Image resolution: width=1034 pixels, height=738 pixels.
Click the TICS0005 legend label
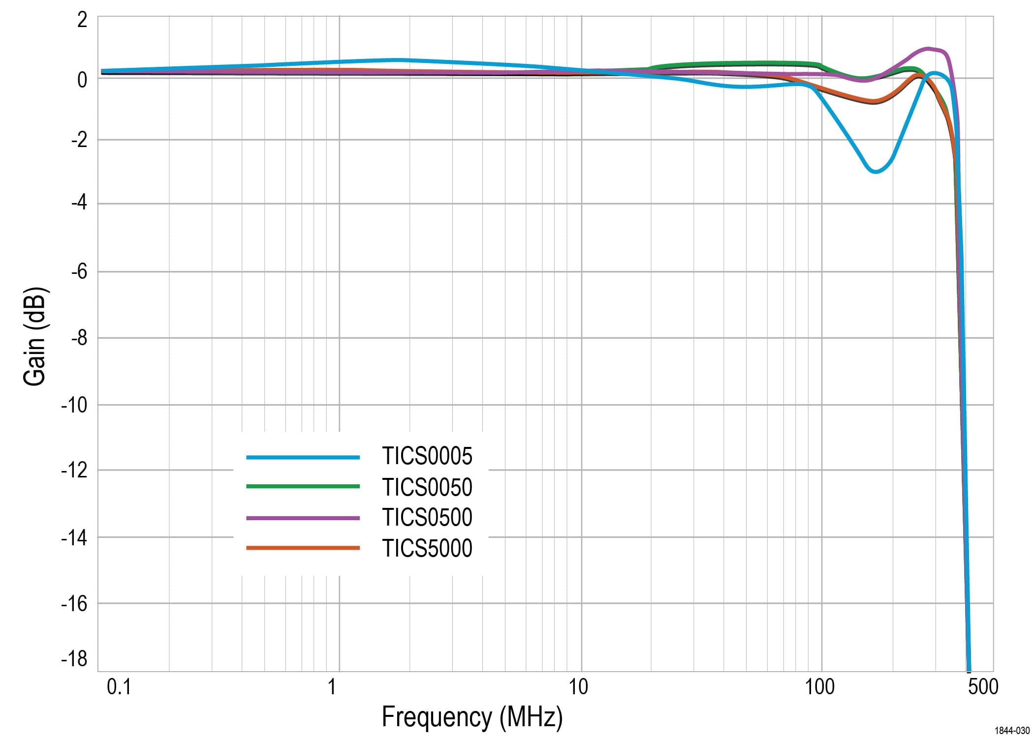pyautogui.click(x=427, y=456)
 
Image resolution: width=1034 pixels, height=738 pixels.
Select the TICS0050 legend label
pyautogui.click(x=427, y=487)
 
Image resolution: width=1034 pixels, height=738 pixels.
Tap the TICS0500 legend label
pyautogui.click(x=427, y=517)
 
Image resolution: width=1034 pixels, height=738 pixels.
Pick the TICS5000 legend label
pyautogui.click(x=427, y=548)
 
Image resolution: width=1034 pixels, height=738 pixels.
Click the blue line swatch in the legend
pyautogui.click(x=303, y=457)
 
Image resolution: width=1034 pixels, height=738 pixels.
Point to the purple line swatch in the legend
pyautogui.click(x=303, y=518)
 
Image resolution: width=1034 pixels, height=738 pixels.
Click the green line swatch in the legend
pyautogui.click(x=303, y=486)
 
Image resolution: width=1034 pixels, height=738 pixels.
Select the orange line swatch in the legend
pyautogui.click(x=303, y=548)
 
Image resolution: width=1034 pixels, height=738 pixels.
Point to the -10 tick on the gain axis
pyautogui.click(x=74, y=405)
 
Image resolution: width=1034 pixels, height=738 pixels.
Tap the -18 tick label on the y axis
pyautogui.click(x=74, y=658)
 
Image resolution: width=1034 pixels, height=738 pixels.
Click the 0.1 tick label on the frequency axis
pyautogui.click(x=119, y=687)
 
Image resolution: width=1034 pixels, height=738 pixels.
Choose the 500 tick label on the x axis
pyautogui.click(x=983, y=687)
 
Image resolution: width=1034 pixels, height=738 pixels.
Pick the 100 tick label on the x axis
pyautogui.click(x=819, y=687)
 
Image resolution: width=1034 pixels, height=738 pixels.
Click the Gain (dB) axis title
pyautogui.click(x=35, y=337)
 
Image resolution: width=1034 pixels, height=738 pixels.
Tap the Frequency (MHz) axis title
pyautogui.click(x=472, y=717)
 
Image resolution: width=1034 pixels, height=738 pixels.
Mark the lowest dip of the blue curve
pyautogui.click(x=875, y=172)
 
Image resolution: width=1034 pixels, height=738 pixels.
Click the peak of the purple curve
pyautogui.click(x=928, y=49)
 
